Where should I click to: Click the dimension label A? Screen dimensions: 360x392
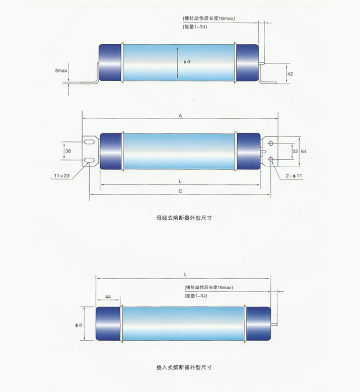[x=180, y=115]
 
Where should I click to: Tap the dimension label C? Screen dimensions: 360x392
[x=180, y=191]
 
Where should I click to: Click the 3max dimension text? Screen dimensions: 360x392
[x=61, y=71]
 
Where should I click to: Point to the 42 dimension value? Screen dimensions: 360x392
[x=290, y=74]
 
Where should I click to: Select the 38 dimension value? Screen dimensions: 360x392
[x=68, y=151]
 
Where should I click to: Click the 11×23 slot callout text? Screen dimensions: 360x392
[x=62, y=176]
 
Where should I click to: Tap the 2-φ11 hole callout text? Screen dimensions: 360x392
[x=294, y=176]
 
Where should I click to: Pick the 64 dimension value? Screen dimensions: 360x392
[x=304, y=151]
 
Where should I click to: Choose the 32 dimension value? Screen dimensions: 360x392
[x=295, y=151]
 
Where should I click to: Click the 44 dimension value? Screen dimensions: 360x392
[x=108, y=297]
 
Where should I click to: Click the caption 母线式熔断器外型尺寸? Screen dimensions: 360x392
[x=184, y=218]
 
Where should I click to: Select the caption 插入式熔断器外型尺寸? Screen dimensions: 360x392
[x=184, y=367]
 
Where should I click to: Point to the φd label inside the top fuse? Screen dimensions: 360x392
[x=187, y=61]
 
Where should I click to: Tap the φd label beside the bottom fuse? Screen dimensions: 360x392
[x=79, y=325]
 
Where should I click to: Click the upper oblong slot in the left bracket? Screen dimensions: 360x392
[x=90, y=142]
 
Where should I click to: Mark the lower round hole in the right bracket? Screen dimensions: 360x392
[x=271, y=159]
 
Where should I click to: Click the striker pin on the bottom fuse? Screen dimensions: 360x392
[x=274, y=324]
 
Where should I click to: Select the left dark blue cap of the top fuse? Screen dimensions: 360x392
[x=110, y=62]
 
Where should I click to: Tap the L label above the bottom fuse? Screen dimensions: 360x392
[x=185, y=275]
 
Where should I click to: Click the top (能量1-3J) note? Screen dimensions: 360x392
[x=195, y=27]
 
